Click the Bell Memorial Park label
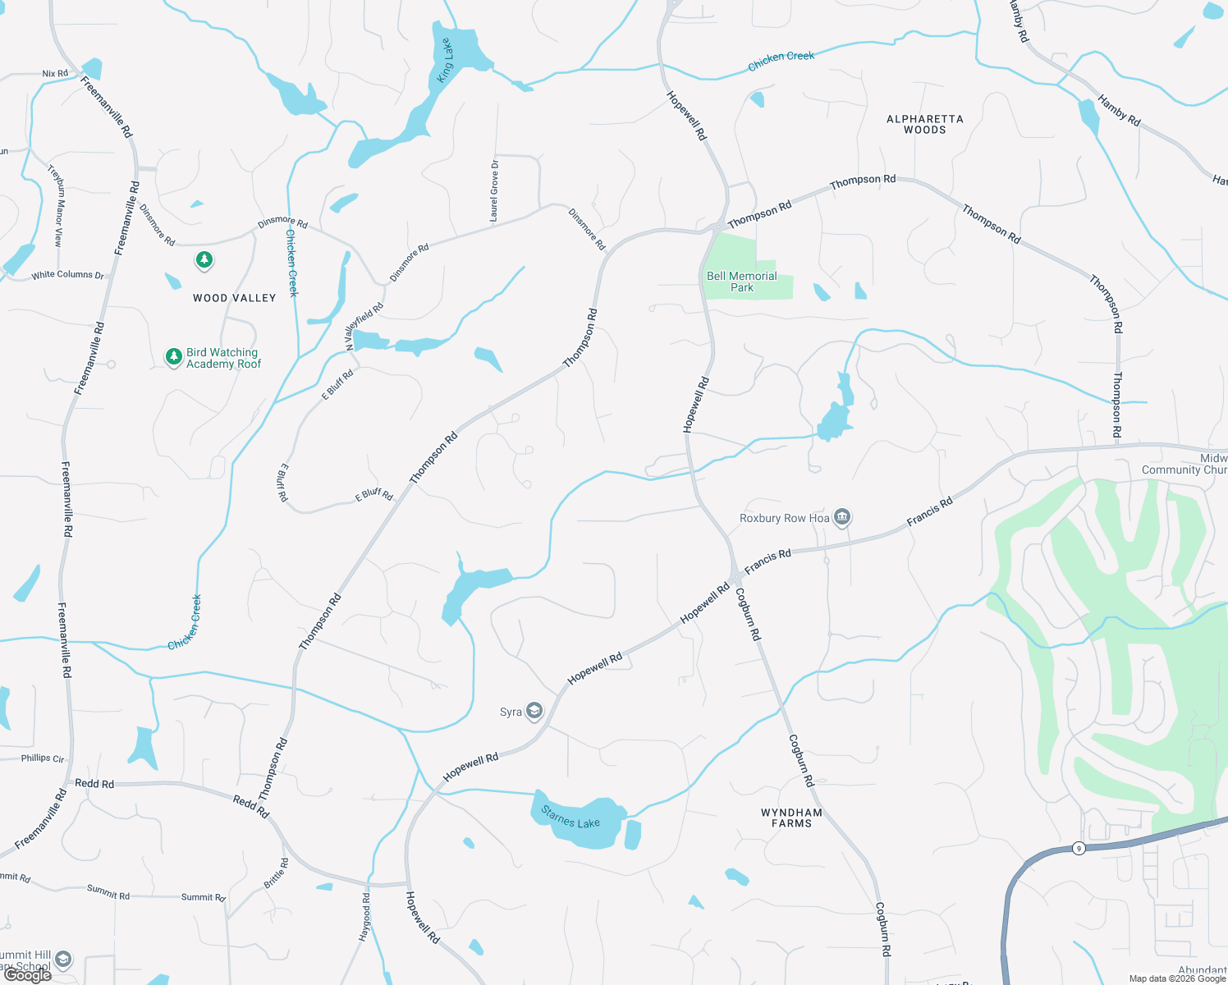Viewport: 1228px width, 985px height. [741, 282]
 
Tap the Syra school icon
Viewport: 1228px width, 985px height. [534, 711]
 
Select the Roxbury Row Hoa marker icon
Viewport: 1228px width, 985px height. [841, 517]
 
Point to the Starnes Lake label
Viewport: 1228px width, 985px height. [570, 818]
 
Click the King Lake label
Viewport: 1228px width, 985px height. [445, 61]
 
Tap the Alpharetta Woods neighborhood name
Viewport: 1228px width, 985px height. [924, 124]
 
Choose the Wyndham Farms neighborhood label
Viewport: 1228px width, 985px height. [791, 818]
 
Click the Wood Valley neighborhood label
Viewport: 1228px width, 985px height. [234, 298]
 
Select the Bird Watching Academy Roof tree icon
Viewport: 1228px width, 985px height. [173, 356]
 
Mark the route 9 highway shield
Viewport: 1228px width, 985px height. [1079, 848]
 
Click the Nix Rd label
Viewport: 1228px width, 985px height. [55, 74]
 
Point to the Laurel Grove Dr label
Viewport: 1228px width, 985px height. [494, 191]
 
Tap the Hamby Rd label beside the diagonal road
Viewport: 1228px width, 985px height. [1119, 111]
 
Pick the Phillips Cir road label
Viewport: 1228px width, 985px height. [43, 758]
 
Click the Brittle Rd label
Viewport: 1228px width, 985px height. [276, 873]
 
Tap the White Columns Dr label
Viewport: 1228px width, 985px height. [68, 275]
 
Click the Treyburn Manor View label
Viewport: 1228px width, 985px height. [56, 205]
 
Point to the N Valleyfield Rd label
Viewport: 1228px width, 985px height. [364, 326]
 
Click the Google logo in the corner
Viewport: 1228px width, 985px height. [27, 974]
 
